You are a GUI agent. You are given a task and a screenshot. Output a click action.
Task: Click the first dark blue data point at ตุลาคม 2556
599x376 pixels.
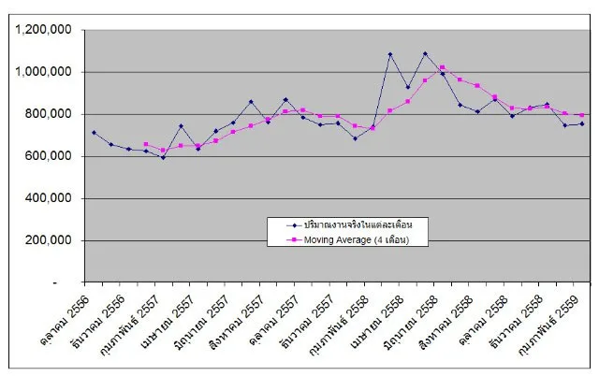[94, 132]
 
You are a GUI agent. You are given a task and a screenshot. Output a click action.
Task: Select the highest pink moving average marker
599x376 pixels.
[443, 67]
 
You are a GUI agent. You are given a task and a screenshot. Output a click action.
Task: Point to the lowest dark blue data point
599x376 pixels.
[163, 157]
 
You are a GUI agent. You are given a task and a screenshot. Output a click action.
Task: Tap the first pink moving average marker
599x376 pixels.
[146, 144]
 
